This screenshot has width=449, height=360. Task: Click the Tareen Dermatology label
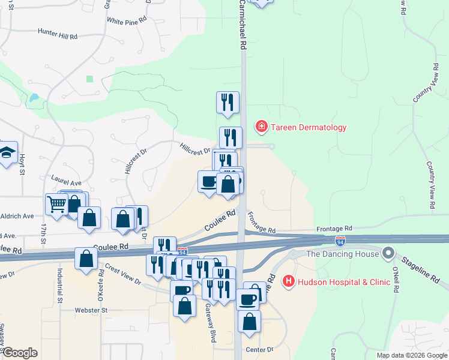(x=309, y=127)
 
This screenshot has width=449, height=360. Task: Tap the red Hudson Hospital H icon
(x=289, y=280)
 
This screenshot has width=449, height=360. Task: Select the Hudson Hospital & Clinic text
(x=333, y=280)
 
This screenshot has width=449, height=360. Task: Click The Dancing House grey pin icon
(x=388, y=253)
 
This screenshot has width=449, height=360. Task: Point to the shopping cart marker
(x=56, y=205)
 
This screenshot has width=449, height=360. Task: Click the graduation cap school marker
(x=7, y=153)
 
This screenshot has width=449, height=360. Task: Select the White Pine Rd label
(x=127, y=20)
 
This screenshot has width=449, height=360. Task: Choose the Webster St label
(x=91, y=310)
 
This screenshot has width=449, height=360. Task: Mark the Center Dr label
(x=259, y=349)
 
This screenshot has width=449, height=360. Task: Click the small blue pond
(x=34, y=97)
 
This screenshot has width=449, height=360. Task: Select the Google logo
(x=20, y=353)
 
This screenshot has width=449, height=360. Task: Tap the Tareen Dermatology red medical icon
(x=262, y=127)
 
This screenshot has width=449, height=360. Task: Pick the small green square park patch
(x=90, y=79)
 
